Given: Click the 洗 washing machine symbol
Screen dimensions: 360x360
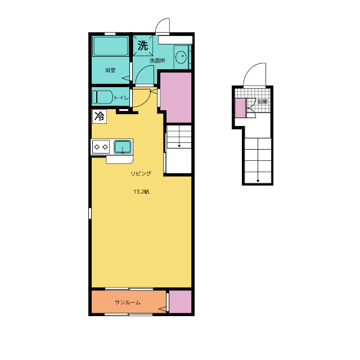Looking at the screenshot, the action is pos(142,46).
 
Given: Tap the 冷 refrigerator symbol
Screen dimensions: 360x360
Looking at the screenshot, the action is pos(100,116).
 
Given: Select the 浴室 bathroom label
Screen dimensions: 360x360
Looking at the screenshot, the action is pos(110,70).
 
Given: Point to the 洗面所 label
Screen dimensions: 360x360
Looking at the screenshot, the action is pos(157,61).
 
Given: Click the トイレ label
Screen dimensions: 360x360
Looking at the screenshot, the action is pos(121,98).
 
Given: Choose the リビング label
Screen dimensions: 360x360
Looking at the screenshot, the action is pos(141,173).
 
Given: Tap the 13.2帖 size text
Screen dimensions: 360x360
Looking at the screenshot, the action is pos(141,191).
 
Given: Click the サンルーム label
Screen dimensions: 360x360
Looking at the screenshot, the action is pos(128,303).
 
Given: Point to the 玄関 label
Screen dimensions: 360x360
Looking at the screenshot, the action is pos(262,101).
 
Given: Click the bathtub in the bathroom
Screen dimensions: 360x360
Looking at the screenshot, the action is pos(111,46).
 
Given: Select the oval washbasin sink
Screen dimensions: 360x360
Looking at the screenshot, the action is pos(181,57).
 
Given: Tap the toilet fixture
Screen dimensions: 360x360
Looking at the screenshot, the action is pos(102,97).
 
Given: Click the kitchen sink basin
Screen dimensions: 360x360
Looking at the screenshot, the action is pos(123,147).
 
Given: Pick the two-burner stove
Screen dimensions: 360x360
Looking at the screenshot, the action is pos(101,147).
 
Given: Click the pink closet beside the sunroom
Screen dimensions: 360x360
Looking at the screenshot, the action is pos(181,301).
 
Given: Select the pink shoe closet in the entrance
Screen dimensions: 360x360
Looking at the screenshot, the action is pos(240,108).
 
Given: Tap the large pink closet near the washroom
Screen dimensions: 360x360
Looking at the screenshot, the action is pos(176,97).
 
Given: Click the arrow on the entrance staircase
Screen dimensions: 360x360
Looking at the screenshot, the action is pos(258,160).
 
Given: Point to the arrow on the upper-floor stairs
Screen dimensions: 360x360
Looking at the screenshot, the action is pos(179,136).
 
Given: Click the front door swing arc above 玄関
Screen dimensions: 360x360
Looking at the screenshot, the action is pos(251,69).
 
